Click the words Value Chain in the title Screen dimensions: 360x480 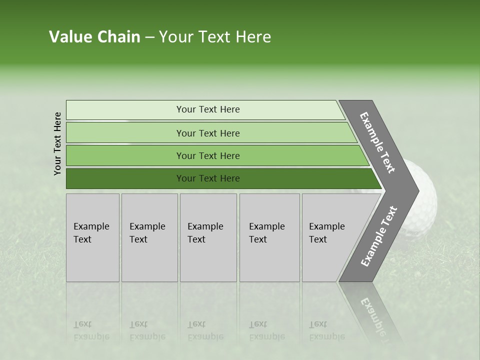tap(94, 37)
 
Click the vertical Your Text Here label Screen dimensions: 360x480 tap(57, 143)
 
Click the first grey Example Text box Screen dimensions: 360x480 tap(92, 237)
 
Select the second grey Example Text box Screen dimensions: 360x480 tap(149, 237)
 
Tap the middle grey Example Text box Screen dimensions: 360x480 tap(208, 237)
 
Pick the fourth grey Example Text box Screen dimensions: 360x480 tap(269, 237)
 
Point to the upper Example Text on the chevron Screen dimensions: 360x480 tap(377, 142)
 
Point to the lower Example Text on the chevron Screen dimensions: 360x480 tap(379, 236)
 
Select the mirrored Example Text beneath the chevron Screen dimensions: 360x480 tap(372, 315)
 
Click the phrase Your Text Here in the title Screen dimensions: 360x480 tap(215, 37)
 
